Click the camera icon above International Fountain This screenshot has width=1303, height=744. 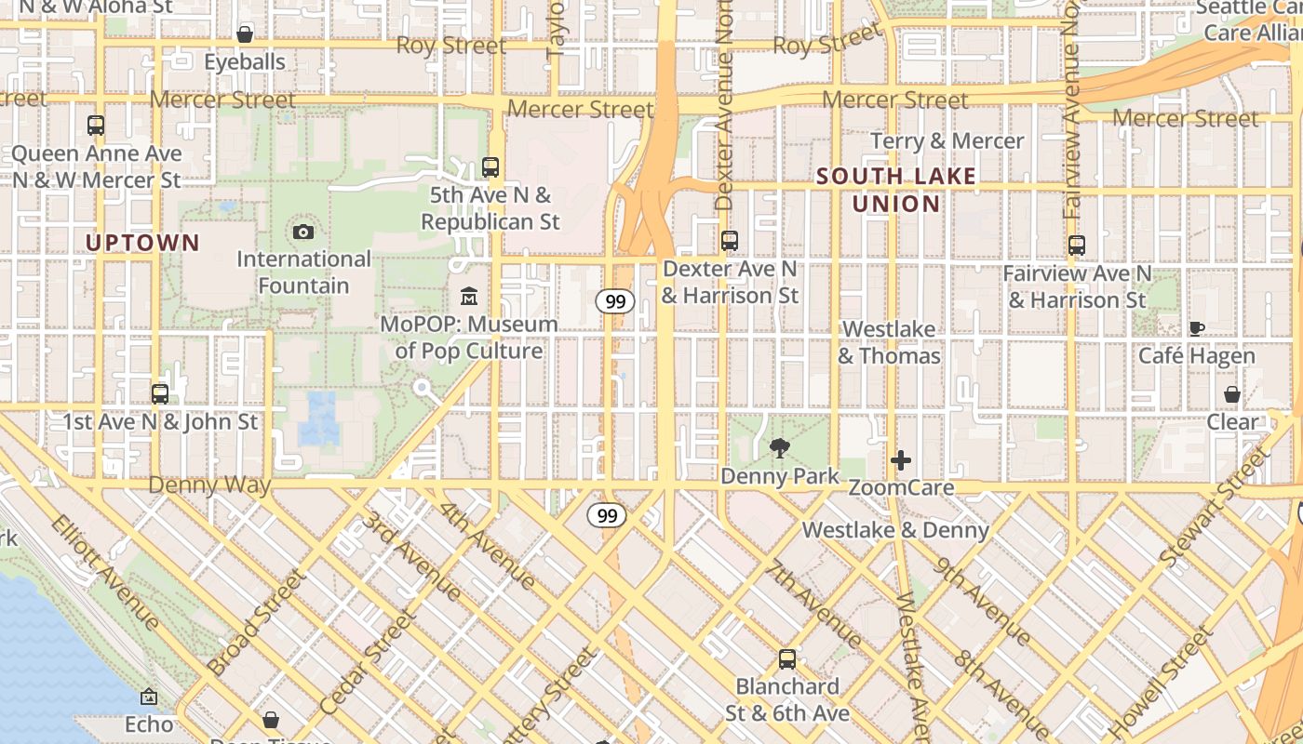pyautogui.click(x=303, y=232)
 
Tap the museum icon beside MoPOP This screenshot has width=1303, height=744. pyautogui.click(x=469, y=297)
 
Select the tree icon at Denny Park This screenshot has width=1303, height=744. pyautogui.click(x=779, y=449)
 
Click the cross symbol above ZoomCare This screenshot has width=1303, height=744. pyautogui.click(x=900, y=460)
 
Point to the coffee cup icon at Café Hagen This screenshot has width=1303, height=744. pyautogui.click(x=1197, y=328)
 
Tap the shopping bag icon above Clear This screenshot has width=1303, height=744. pyautogui.click(x=1232, y=394)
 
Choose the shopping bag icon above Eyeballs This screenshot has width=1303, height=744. pyautogui.click(x=245, y=34)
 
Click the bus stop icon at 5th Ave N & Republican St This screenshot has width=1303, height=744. pyautogui.click(x=490, y=167)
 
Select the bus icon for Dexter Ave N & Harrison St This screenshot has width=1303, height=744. pyautogui.click(x=730, y=241)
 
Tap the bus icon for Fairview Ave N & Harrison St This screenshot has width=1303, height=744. pyautogui.click(x=1077, y=246)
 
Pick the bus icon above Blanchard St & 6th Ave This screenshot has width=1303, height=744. pyautogui.click(x=787, y=659)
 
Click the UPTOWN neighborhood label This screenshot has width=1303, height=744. pyautogui.click(x=142, y=244)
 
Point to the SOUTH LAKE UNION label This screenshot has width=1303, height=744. pyautogui.click(x=896, y=190)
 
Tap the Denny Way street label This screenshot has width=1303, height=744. pyautogui.click(x=209, y=485)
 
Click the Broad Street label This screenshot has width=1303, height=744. pyautogui.click(x=256, y=621)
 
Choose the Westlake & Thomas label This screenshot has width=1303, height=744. pyautogui.click(x=889, y=342)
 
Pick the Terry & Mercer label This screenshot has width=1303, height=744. pyautogui.click(x=947, y=141)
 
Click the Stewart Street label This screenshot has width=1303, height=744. pyautogui.click(x=1216, y=507)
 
